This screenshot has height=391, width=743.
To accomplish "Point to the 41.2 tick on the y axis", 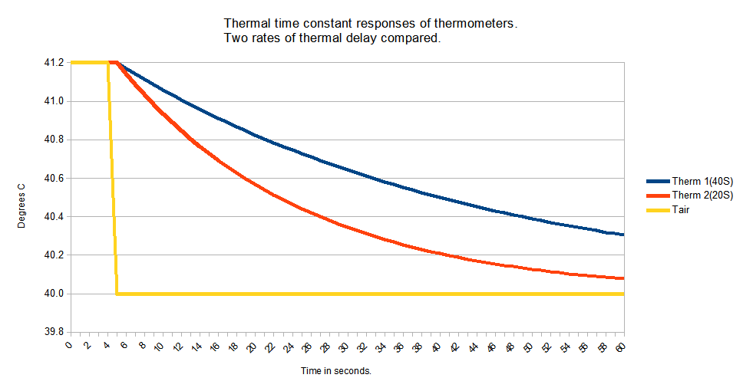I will click(x=53, y=62).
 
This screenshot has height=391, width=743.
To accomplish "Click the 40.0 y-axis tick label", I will click(x=53, y=294).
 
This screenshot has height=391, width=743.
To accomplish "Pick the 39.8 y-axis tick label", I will click(x=53, y=332).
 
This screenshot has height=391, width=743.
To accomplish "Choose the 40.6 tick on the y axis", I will click(x=53, y=178).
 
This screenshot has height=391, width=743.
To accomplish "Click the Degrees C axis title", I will click(x=22, y=198).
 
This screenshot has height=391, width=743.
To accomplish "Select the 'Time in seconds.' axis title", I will click(x=336, y=371).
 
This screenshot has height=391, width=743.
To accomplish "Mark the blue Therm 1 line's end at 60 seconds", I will click(x=622, y=235).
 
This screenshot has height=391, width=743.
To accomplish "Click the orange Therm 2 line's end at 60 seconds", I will click(x=622, y=278).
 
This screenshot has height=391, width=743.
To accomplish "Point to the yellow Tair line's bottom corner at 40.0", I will click(x=117, y=293).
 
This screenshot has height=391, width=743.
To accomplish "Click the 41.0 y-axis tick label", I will click(x=53, y=100).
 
